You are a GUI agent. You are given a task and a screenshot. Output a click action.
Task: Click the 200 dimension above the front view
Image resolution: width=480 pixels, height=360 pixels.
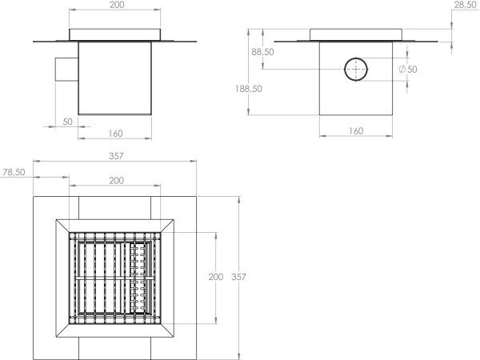click(x=116, y=5)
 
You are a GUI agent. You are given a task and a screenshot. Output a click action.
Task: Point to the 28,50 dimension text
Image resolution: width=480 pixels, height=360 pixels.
click(x=465, y=5)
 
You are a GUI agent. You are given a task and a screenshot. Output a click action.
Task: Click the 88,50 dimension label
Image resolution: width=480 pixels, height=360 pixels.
click(x=262, y=52)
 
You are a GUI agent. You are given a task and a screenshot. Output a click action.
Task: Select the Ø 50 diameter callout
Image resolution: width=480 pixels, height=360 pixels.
click(x=408, y=70)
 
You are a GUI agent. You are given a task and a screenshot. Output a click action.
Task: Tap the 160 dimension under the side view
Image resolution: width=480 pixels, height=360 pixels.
click(x=357, y=130)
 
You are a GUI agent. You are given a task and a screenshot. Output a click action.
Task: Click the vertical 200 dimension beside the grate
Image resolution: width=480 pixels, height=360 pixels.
click(x=215, y=277)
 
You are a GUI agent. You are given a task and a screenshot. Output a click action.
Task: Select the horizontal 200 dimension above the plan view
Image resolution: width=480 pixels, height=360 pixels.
click(x=116, y=181)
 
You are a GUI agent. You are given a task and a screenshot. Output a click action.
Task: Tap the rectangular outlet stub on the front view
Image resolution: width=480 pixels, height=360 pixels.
click(x=66, y=69)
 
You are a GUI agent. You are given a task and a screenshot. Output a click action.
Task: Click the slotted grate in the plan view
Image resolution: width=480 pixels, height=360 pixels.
click(x=116, y=277)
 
